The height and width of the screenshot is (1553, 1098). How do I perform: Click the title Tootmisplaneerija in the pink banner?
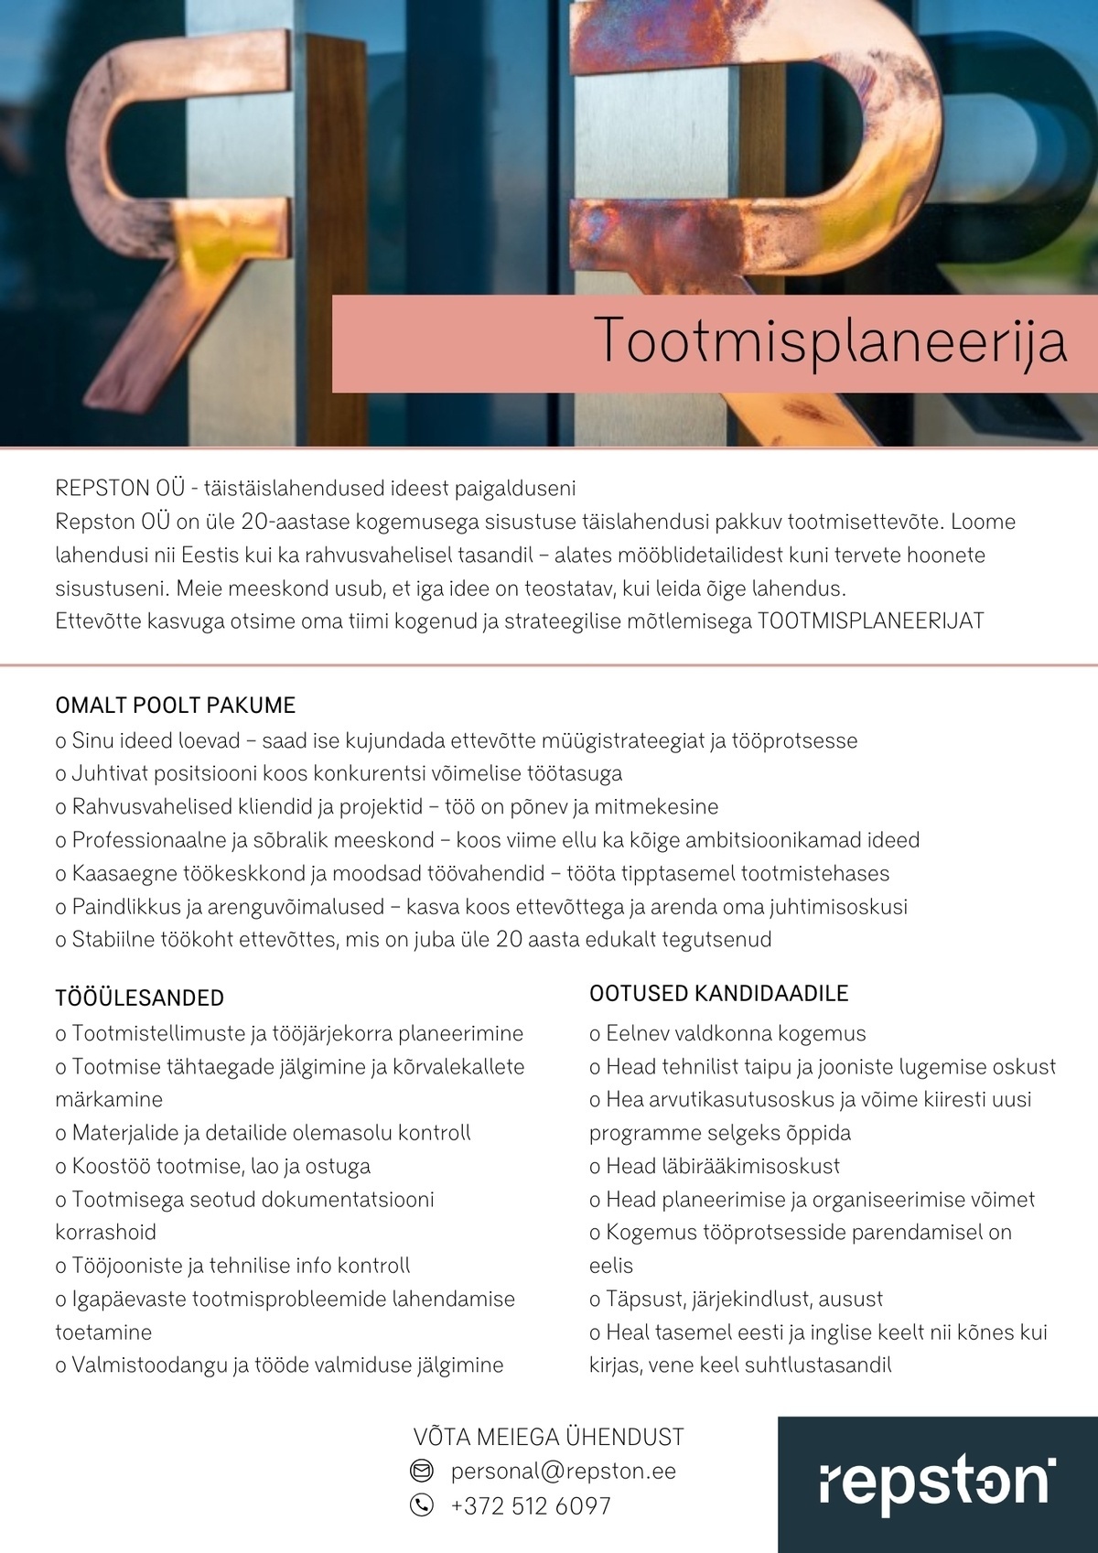click(x=830, y=341)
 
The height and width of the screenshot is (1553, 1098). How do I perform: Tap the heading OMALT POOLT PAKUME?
click(x=176, y=706)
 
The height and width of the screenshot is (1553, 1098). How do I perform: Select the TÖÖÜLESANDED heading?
click(x=140, y=998)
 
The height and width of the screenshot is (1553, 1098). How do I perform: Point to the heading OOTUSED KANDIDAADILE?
click(x=719, y=993)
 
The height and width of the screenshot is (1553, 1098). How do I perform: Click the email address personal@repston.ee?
click(x=563, y=1472)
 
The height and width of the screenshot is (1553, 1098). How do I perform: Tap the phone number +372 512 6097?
click(x=531, y=1505)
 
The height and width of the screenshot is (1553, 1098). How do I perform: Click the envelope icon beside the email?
click(x=421, y=1472)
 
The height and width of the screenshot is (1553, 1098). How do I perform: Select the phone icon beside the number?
click(x=421, y=1505)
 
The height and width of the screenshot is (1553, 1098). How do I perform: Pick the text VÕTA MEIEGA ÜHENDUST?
click(x=549, y=1437)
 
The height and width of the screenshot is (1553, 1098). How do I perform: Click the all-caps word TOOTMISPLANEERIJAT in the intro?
click(x=871, y=621)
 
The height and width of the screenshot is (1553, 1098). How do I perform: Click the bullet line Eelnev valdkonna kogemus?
click(x=727, y=1034)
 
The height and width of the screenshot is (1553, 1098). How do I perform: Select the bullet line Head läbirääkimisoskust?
click(x=715, y=1167)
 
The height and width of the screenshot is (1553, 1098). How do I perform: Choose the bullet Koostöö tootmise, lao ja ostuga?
click(x=213, y=1167)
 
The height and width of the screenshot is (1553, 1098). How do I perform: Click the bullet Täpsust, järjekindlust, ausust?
click(x=737, y=1300)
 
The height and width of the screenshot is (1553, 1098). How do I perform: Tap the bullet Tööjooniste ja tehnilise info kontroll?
click(x=233, y=1267)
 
